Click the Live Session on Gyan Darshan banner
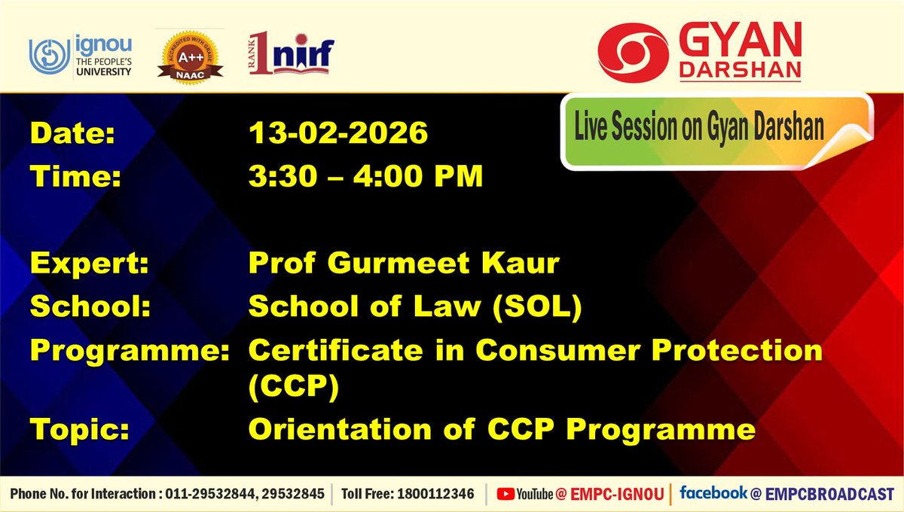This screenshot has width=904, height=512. pyautogui.click(x=699, y=130)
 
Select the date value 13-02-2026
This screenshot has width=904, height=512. pyautogui.click(x=338, y=135)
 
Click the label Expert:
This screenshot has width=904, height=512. pyautogui.click(x=89, y=264)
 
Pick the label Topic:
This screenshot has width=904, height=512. pyautogui.click(x=79, y=430)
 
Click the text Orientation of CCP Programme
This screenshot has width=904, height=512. pyautogui.click(x=502, y=430)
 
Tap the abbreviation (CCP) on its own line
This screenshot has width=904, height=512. pyautogui.click(x=295, y=388)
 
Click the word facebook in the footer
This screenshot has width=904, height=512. pyautogui.click(x=712, y=493)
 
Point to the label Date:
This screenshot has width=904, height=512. pyautogui.click(x=72, y=135)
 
